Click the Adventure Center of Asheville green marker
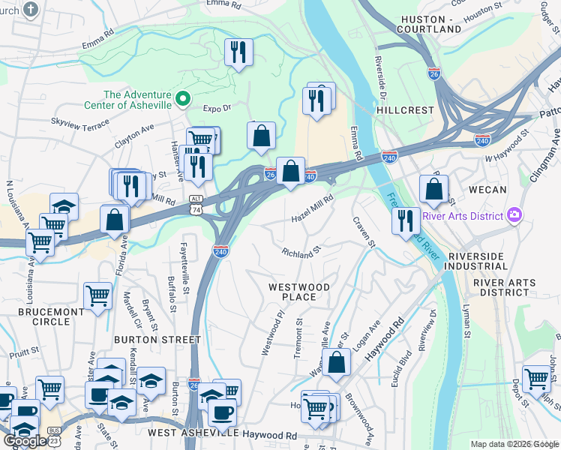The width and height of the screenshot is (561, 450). coord(181,99)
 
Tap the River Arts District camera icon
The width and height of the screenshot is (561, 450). coord(514,216)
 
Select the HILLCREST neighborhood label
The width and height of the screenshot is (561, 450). coord(406,109)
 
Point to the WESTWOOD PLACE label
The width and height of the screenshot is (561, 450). coord(299,292)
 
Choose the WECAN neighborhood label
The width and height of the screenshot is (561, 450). coord(487,190)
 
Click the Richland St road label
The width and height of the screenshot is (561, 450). coord(301,253)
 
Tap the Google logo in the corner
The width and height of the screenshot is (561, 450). coord(24,441)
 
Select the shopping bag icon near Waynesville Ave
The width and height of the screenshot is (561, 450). coord(337,361)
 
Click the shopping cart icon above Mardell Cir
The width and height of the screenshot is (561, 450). coord(97,295)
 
